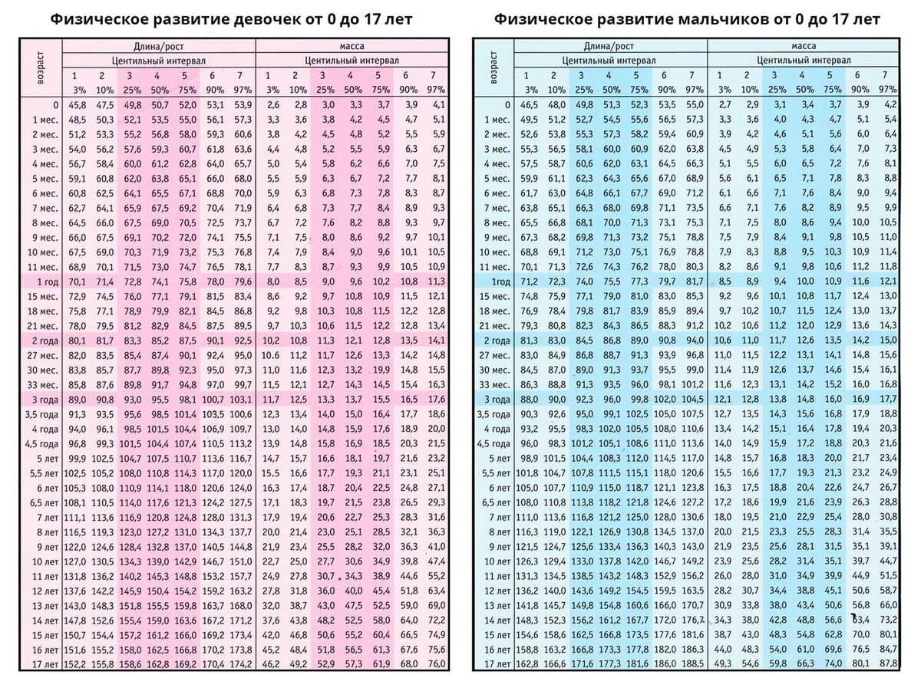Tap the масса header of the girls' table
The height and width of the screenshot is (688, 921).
pyautogui.click(x=352, y=46)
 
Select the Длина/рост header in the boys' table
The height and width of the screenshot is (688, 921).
pyautogui.click(x=609, y=46)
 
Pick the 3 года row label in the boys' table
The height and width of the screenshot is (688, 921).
pyautogui.click(x=497, y=400)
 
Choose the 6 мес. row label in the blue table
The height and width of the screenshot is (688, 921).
pyautogui.click(x=496, y=193)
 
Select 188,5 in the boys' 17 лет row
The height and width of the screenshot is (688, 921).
pyautogui.click(x=692, y=664)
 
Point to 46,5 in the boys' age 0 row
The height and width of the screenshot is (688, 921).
pyautogui.click(x=528, y=104)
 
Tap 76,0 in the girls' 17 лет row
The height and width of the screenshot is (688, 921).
pyautogui.click(x=435, y=664)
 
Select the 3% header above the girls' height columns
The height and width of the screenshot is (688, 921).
pyautogui.click(x=75, y=89)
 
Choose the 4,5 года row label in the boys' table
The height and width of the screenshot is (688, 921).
pyautogui.click(x=494, y=443)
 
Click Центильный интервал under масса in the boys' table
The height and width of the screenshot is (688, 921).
pyautogui.click(x=803, y=60)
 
